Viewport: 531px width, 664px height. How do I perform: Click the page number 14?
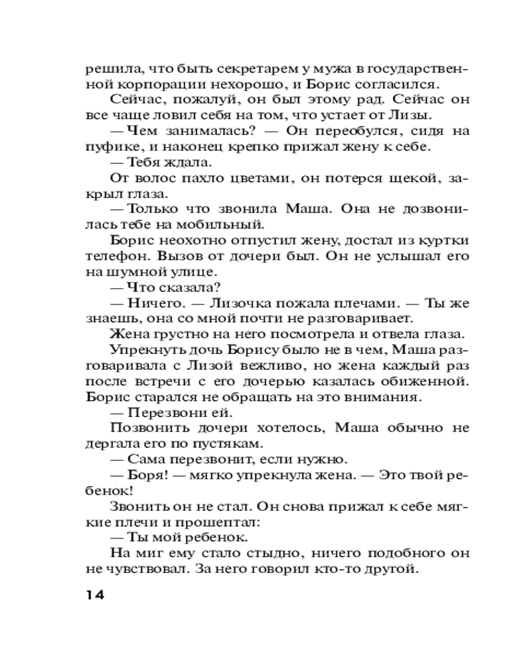pos(95,594)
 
